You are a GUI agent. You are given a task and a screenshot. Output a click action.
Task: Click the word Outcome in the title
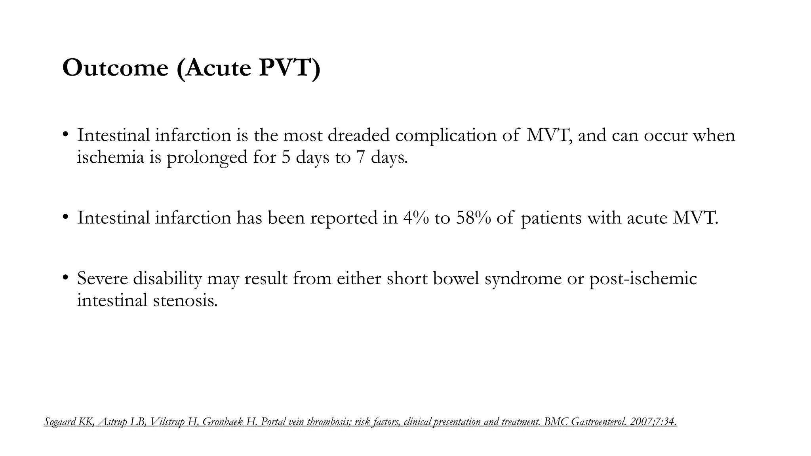pos(115,68)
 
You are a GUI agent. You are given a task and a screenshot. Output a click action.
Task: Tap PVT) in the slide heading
pos(289,68)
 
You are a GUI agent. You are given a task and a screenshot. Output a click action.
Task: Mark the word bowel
pos(456,279)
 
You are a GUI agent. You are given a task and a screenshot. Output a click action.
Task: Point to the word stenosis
pos(185,300)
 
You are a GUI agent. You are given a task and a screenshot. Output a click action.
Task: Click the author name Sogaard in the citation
pos(59,422)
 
